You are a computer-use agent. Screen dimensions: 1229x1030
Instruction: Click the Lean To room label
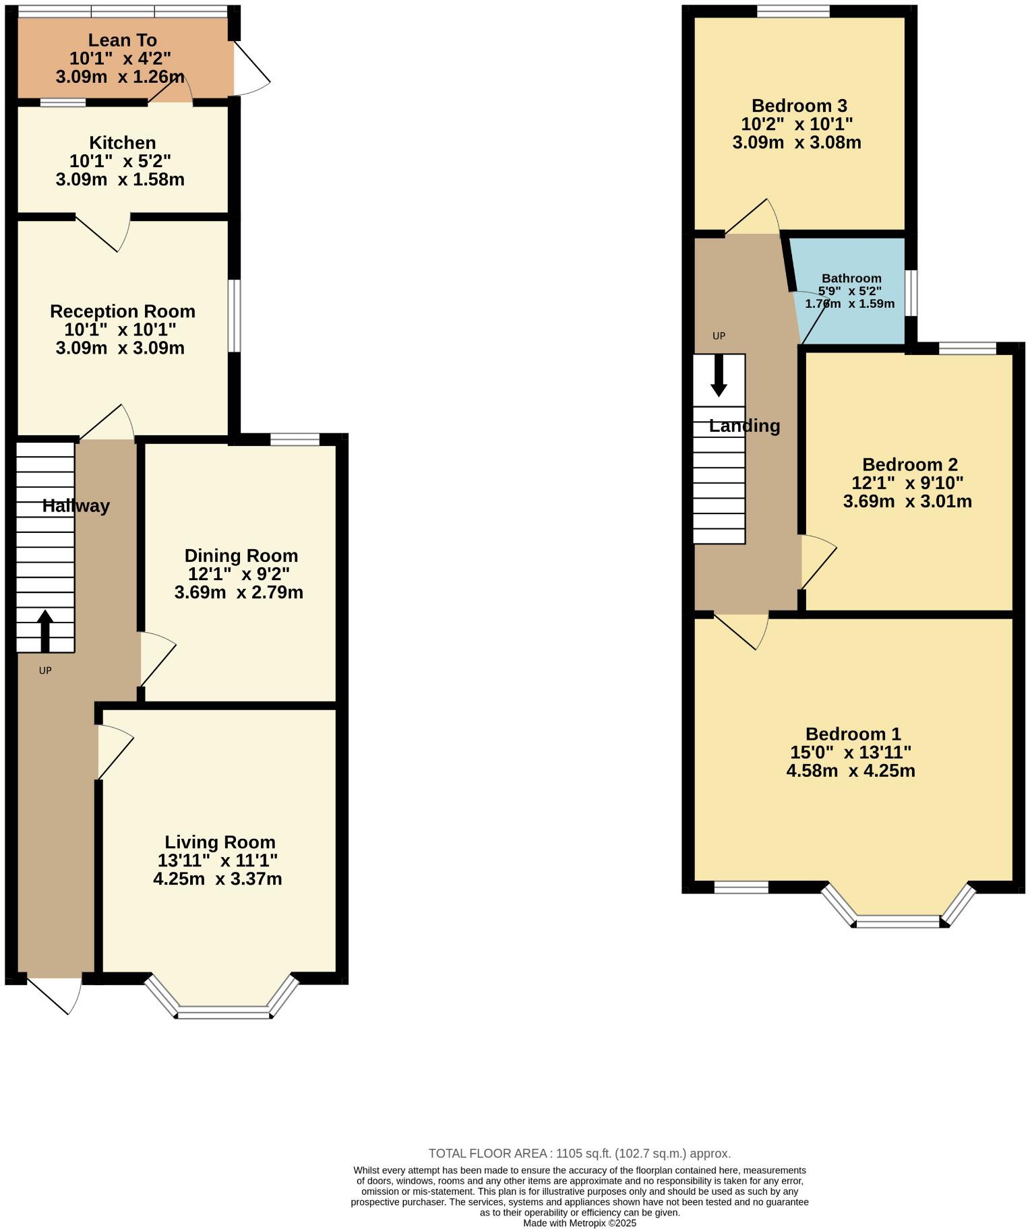point(122,40)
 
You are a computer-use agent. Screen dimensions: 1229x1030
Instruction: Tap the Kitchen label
point(122,143)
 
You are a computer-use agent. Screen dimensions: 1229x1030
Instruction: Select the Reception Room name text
point(122,311)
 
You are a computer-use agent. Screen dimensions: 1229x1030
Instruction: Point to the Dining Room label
point(241,556)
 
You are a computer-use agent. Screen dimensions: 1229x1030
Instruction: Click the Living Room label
point(220,842)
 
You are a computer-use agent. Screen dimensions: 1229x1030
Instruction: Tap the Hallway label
point(75,506)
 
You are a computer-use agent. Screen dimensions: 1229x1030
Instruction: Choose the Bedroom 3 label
point(799,106)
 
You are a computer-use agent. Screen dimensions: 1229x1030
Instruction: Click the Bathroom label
point(851,278)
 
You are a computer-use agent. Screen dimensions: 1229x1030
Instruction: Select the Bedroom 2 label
point(909,465)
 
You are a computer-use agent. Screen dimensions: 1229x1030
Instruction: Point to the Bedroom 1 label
point(853,734)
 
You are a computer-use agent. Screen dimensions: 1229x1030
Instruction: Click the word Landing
point(744,426)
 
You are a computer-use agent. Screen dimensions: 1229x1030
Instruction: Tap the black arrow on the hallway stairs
point(45,630)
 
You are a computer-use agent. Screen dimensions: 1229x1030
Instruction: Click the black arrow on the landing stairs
point(719,375)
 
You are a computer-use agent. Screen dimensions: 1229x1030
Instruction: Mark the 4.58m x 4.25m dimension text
point(851,771)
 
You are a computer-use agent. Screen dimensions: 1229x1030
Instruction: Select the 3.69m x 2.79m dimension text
point(239,593)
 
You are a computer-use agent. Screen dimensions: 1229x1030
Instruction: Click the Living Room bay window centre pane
point(222,1011)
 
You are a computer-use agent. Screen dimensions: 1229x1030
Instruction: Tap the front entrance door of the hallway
point(54,994)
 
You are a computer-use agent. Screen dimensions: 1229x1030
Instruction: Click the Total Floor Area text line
point(579,1154)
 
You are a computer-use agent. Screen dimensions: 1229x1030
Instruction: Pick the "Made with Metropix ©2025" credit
point(579,1223)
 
